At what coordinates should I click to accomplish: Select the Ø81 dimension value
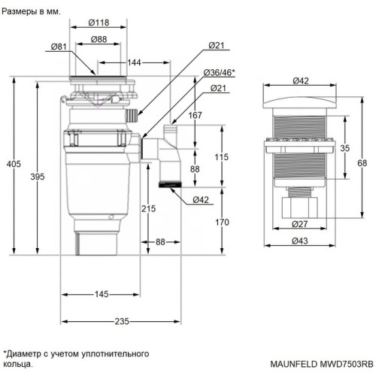(x=60, y=47)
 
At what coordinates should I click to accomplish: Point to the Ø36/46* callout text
(x=219, y=72)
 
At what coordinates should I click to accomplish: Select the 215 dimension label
(x=148, y=208)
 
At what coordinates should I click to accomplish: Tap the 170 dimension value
(x=220, y=222)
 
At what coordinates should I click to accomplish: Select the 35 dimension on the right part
(x=345, y=149)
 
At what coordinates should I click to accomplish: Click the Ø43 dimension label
(x=299, y=241)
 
